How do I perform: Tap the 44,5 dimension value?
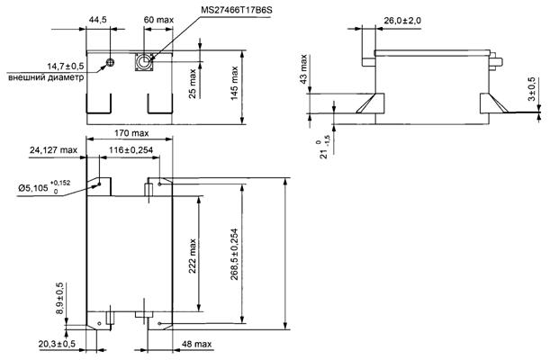[97, 19]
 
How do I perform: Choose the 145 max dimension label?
[237, 83]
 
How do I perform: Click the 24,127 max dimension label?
[53, 148]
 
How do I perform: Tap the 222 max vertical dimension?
[192, 257]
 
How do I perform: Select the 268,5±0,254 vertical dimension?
[236, 255]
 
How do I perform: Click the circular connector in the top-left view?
[144, 62]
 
